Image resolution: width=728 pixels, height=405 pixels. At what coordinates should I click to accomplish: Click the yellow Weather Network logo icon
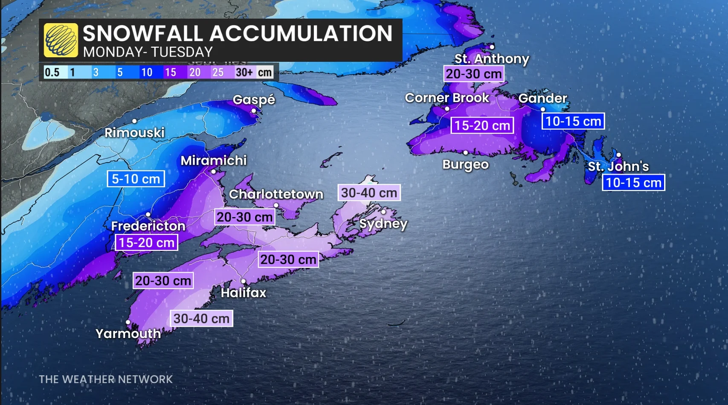coord(61,40)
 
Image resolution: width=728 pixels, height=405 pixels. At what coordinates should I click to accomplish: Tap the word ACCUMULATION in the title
coord(301,33)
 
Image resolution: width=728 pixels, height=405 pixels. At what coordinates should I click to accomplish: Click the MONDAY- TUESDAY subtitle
coord(148,52)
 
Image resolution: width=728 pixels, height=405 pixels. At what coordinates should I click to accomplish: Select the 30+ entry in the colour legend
coord(244,72)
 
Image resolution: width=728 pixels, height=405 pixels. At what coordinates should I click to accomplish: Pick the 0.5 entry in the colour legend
coord(52,72)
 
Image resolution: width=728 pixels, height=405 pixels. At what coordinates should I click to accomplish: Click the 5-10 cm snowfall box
coord(136,179)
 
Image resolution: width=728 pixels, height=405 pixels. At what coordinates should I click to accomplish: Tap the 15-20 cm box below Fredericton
coord(146,242)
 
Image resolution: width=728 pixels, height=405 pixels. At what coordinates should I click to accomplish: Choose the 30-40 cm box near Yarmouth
coord(201,318)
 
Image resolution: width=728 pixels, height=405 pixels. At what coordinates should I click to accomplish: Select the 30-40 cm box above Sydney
coord(369,192)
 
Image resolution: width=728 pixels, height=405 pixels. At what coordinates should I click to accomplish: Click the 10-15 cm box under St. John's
coord(633,183)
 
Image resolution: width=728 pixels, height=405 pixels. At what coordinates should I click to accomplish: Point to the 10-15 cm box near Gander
coord(573,121)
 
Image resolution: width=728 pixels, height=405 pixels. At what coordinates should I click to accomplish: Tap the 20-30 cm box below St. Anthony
coord(474,74)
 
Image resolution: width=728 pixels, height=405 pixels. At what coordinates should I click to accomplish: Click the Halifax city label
coord(243,293)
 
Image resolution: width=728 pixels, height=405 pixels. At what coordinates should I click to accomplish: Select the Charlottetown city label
coord(276,194)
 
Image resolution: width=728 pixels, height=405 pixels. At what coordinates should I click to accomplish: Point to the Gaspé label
coord(254,100)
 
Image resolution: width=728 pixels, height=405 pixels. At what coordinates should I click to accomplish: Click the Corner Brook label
coord(447,98)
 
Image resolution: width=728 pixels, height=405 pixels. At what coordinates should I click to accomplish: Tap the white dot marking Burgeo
coord(466,152)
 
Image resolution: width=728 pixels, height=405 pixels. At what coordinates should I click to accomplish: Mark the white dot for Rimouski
coord(134,121)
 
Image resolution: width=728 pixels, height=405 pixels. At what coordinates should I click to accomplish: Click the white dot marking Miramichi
coord(213,172)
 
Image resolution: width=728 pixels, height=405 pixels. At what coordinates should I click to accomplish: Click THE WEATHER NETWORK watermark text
coord(106,379)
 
